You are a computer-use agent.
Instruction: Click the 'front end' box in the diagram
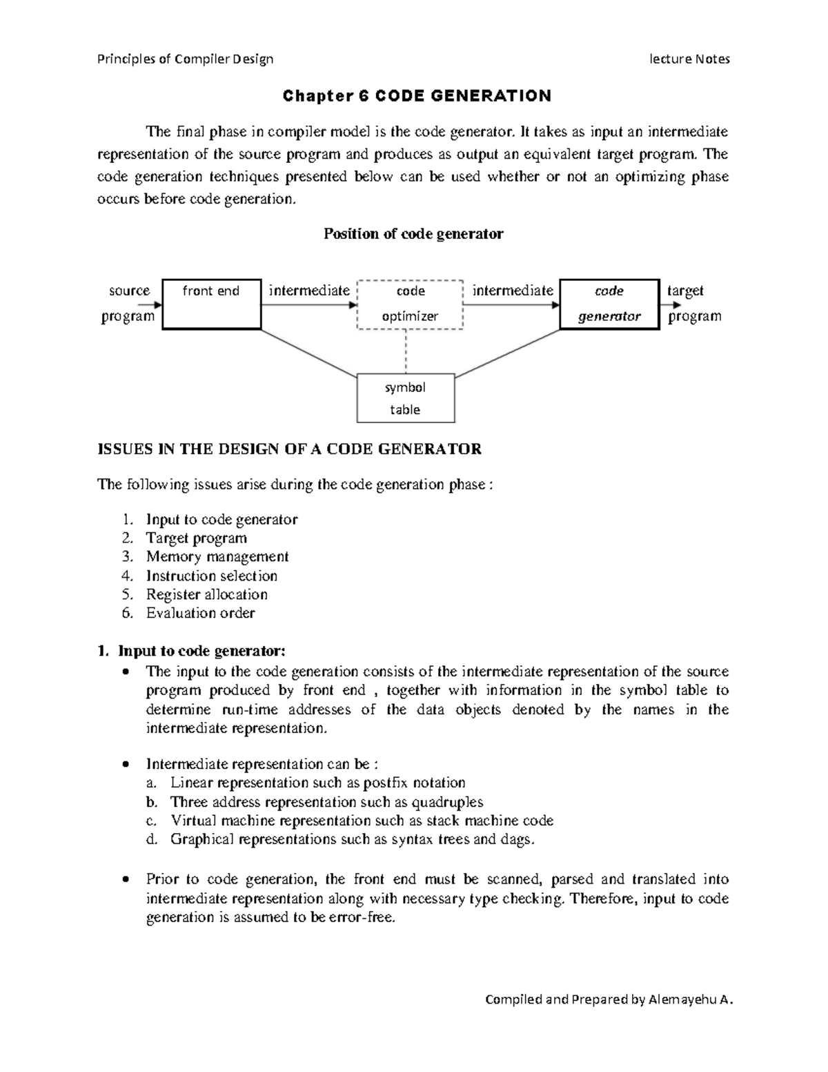tap(211, 304)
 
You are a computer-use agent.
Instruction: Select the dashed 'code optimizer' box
tap(410, 304)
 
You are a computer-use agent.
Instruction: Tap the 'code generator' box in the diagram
tap(609, 304)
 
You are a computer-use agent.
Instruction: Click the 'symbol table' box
tap(406, 398)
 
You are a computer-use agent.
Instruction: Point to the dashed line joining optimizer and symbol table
tap(406, 351)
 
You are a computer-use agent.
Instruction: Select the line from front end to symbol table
tap(309, 353)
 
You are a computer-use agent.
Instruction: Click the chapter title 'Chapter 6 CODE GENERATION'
tap(417, 96)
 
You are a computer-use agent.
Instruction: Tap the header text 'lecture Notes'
tap(689, 59)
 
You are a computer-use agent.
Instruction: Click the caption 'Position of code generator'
tap(413, 234)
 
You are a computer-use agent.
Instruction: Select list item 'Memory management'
tap(217, 556)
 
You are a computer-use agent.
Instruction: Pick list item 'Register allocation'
tap(206, 594)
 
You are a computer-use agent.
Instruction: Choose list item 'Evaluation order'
tap(200, 613)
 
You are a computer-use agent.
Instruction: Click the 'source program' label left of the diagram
tap(128, 304)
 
